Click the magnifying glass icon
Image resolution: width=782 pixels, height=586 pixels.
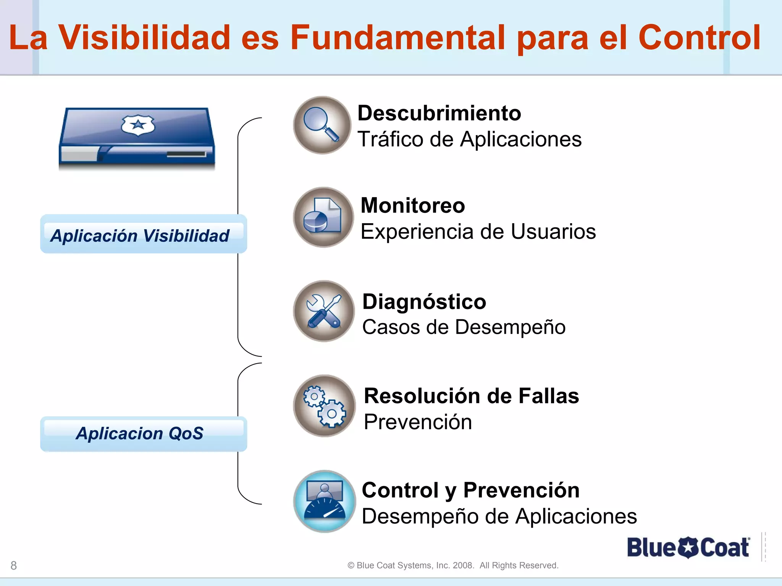tap(322, 125)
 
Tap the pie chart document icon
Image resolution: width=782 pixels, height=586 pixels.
tap(323, 217)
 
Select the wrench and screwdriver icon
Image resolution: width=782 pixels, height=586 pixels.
tap(324, 311)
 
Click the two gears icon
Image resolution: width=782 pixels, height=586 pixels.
tap(325, 406)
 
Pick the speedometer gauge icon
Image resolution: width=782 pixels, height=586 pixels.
tap(325, 501)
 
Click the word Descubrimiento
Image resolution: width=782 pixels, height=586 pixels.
tap(439, 113)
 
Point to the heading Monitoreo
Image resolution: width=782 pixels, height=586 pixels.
tap(413, 206)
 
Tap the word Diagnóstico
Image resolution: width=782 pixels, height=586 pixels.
tap(424, 302)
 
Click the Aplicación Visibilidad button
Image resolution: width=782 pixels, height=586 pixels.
tap(143, 234)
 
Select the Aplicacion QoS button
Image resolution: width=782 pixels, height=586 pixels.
tap(143, 434)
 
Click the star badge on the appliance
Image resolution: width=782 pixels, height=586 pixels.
tap(138, 125)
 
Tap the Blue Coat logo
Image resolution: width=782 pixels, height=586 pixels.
tap(688, 547)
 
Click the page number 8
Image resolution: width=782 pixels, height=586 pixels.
tap(14, 565)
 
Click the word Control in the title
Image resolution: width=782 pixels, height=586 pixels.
tap(699, 37)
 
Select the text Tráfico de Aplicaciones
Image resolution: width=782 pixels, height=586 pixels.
tap(469, 139)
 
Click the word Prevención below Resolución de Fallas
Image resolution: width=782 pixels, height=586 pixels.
tap(418, 422)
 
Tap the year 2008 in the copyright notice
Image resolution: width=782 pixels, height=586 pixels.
tap(463, 565)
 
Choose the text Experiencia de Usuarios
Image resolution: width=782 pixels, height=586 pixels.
tap(478, 232)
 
